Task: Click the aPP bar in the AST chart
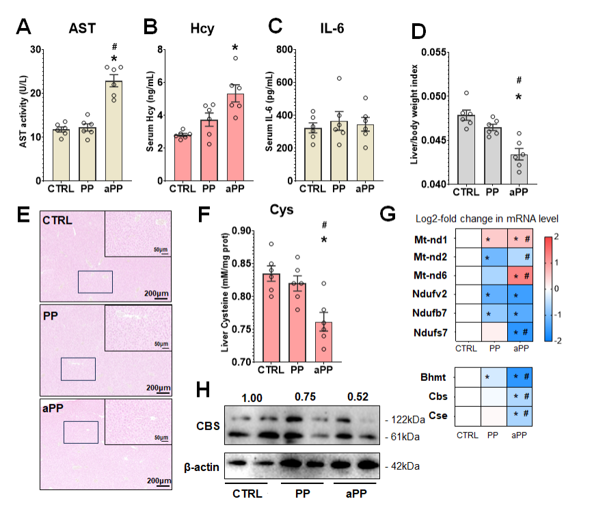113,130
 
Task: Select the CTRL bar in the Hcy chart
183,158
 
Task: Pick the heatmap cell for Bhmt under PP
495,376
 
